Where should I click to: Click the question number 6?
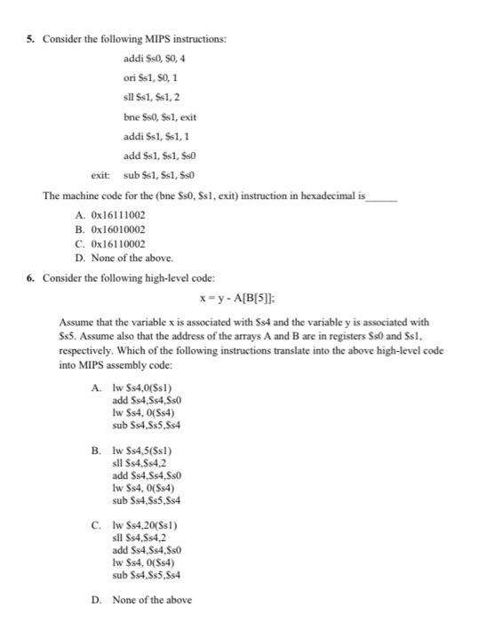tap(31, 277)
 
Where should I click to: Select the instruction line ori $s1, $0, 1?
tap(154, 78)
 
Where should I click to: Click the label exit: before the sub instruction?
tap(100, 174)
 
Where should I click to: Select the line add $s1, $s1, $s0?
tap(160, 155)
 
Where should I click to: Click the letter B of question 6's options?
tap(96, 451)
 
